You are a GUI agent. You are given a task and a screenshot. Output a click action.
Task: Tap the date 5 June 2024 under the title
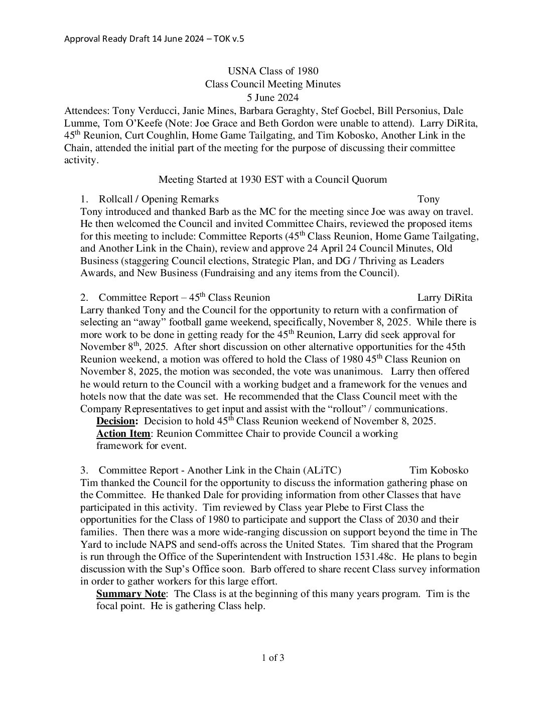[x=272, y=97]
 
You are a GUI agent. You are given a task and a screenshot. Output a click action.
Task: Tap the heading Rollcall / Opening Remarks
[x=159, y=199]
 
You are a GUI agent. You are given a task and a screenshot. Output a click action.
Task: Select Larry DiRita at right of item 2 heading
[x=445, y=298]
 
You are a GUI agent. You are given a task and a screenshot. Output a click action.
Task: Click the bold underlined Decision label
[x=117, y=421]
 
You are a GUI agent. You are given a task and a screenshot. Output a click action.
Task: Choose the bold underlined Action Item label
[x=123, y=433]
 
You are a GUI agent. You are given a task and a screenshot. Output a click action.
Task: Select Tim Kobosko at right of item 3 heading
[x=439, y=470]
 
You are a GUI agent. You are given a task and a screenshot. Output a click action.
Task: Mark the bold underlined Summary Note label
[x=130, y=594]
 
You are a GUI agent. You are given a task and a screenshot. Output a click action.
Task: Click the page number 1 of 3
[x=272, y=658]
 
